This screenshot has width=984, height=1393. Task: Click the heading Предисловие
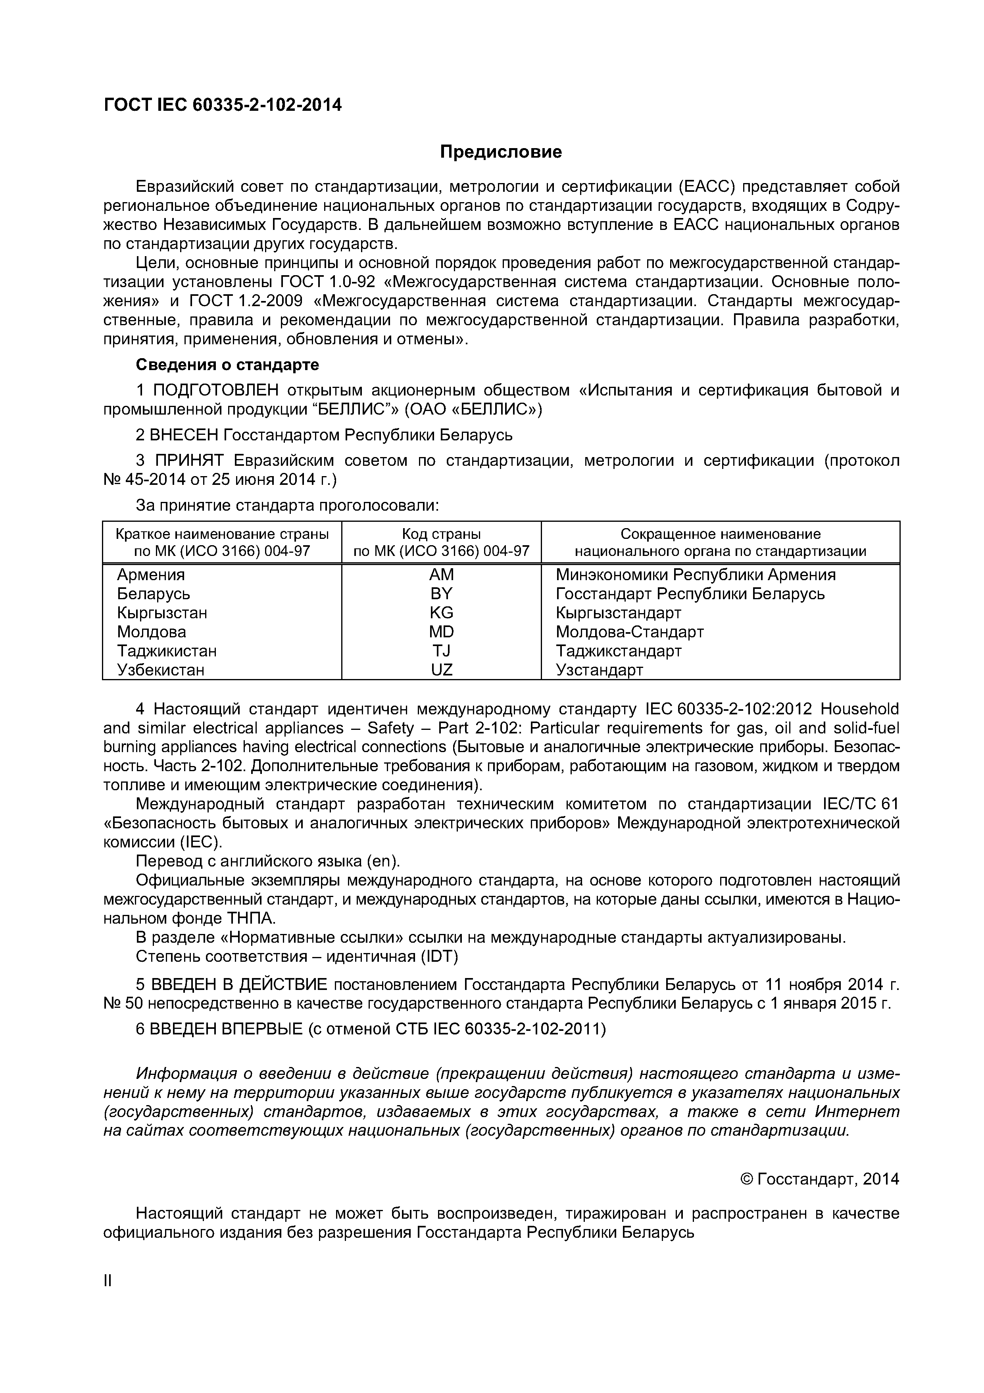[x=500, y=152]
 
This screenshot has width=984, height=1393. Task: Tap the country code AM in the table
[x=441, y=575]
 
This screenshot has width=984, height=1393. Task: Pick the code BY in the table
[x=441, y=593]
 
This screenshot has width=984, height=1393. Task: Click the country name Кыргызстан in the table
[x=162, y=613]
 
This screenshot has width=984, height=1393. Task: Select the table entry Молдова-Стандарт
[x=629, y=632]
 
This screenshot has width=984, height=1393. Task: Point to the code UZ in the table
[x=441, y=670]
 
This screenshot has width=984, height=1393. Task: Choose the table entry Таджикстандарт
[x=619, y=651]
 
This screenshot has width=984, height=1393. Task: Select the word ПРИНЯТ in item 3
[x=188, y=461]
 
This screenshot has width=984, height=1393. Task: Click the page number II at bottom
[x=107, y=1280]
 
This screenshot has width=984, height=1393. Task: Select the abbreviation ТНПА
[x=250, y=918]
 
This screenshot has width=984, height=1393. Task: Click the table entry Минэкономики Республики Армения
[x=696, y=575]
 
